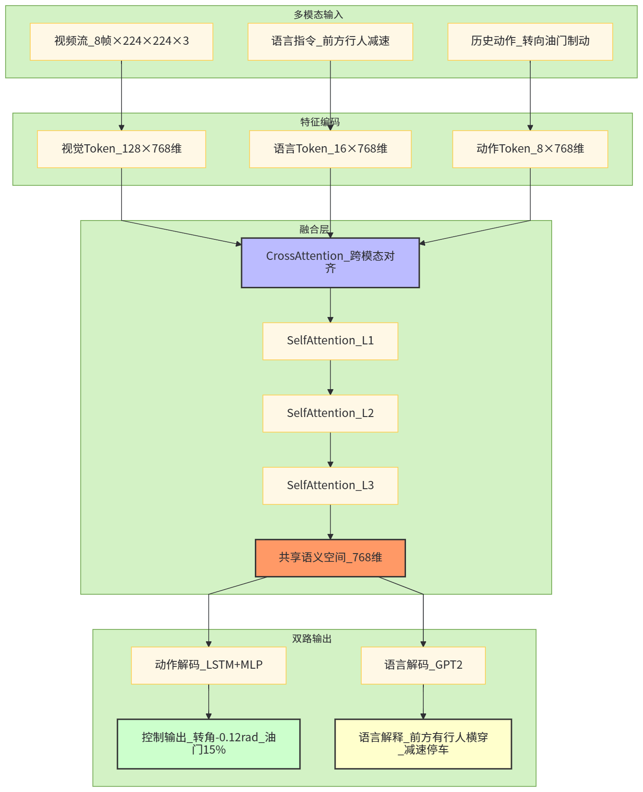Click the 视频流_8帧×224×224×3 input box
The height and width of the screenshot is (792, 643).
[x=121, y=42]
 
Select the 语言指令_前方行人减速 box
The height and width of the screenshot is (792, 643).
[x=330, y=42]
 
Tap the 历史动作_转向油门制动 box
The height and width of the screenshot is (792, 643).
[x=530, y=42]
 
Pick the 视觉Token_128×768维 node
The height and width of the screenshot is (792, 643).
[x=121, y=149]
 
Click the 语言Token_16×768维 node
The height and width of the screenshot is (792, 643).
[x=330, y=149]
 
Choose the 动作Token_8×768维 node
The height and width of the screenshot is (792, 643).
[x=530, y=149]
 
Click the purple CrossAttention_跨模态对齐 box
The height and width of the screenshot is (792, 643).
[x=330, y=263]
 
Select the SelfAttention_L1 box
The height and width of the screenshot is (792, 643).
[x=330, y=341]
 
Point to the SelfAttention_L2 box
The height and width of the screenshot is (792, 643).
[x=330, y=413]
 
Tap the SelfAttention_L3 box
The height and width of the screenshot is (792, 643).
[x=330, y=486]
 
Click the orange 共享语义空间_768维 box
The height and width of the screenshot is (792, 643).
[x=330, y=558]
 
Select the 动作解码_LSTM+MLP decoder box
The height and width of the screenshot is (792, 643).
[x=209, y=665]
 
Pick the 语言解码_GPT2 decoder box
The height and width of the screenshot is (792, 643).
[x=423, y=665]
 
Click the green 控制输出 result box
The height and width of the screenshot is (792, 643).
[x=209, y=744]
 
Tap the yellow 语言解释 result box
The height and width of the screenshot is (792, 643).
[x=423, y=744]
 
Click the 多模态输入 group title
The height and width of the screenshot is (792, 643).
[x=318, y=15]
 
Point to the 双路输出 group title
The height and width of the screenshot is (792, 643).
[x=312, y=639]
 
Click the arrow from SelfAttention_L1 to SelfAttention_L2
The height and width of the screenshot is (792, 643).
[x=330, y=377]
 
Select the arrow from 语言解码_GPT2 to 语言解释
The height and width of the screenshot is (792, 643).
[x=423, y=702]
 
